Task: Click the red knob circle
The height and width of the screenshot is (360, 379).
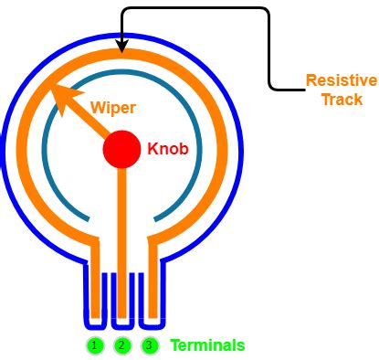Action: [x=121, y=149]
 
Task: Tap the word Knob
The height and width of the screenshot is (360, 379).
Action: [x=168, y=148]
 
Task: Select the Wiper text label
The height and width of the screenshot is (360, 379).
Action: [x=112, y=107]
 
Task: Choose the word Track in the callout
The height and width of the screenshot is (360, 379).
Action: [x=342, y=99]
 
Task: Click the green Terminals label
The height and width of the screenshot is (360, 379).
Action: [x=207, y=345]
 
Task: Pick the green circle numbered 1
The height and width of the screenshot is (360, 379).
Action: [x=94, y=345]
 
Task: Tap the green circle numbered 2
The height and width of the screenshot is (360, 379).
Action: [x=121, y=345]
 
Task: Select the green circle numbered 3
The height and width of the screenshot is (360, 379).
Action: [x=149, y=345]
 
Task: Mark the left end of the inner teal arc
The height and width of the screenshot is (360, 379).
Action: [x=89, y=219]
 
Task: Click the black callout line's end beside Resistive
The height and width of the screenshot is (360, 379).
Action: [x=303, y=89]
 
